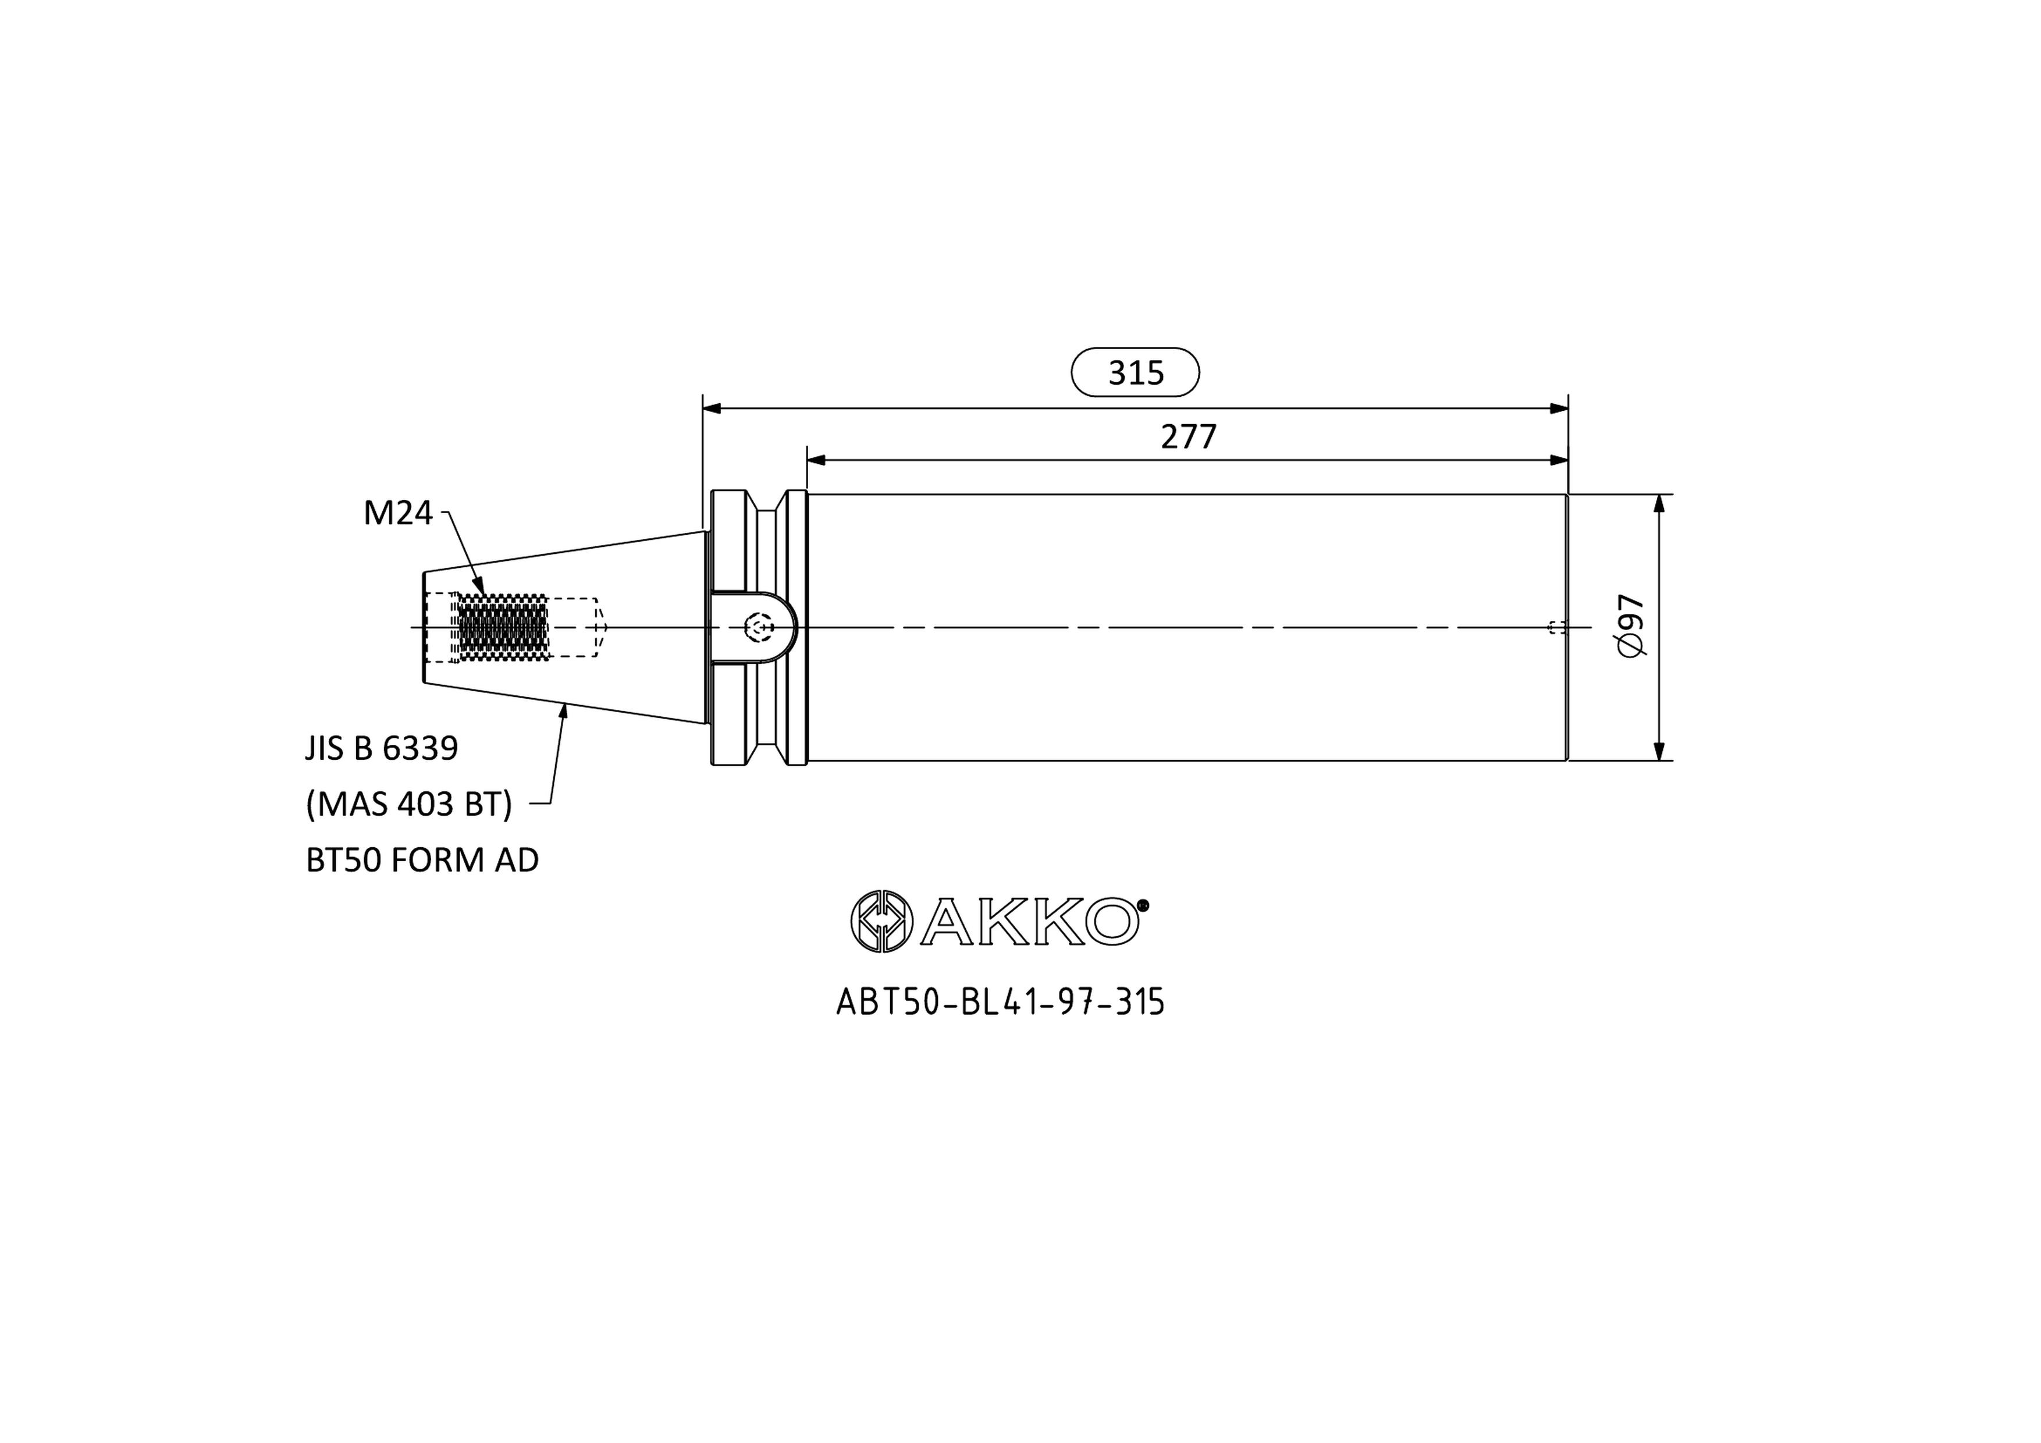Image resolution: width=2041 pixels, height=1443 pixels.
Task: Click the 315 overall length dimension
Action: point(1135,372)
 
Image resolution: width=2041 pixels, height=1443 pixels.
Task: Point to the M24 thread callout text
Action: point(397,513)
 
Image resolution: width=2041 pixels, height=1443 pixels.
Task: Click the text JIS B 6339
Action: point(381,749)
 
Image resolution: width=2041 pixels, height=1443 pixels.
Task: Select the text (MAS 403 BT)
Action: point(409,805)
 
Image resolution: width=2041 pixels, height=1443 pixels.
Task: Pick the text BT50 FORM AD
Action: point(422,860)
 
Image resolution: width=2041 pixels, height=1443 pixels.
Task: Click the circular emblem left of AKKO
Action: point(881,921)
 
